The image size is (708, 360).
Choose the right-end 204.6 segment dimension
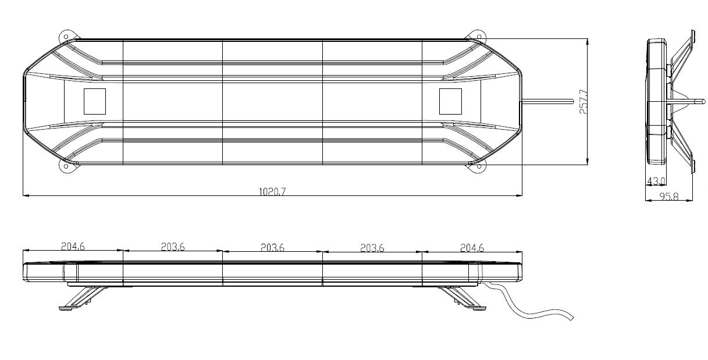point(472,247)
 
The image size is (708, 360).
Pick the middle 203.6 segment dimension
point(272,247)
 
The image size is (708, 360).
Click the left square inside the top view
point(95,101)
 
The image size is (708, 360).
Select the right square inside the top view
point(450,101)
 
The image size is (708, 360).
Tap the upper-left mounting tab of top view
point(66,34)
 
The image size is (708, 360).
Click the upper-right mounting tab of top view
point(478,34)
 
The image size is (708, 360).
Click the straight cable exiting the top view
point(547,102)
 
